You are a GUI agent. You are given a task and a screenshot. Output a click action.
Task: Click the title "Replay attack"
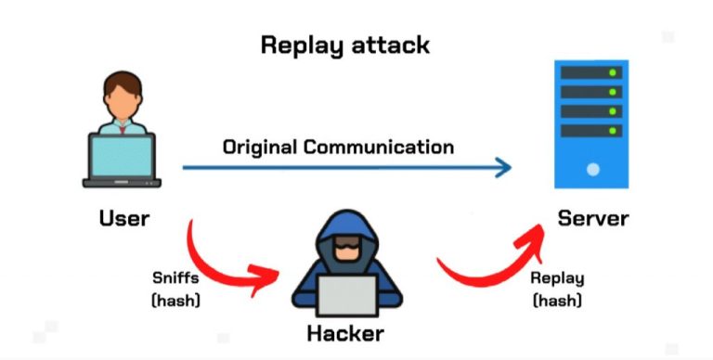tap(344, 45)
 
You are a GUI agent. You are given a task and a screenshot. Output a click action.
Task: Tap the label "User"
tap(123, 219)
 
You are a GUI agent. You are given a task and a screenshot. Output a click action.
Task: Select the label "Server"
tap(592, 219)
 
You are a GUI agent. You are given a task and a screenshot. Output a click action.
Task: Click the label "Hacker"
tap(345, 332)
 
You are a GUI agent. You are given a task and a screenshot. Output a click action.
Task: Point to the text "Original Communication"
tap(337, 147)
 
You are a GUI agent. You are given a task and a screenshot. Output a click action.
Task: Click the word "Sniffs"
tap(175, 277)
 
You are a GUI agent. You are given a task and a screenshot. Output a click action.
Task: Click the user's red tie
tap(123, 127)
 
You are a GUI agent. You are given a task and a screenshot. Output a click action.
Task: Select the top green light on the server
tap(610, 73)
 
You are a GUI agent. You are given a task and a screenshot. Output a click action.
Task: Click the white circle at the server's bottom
tap(592, 170)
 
